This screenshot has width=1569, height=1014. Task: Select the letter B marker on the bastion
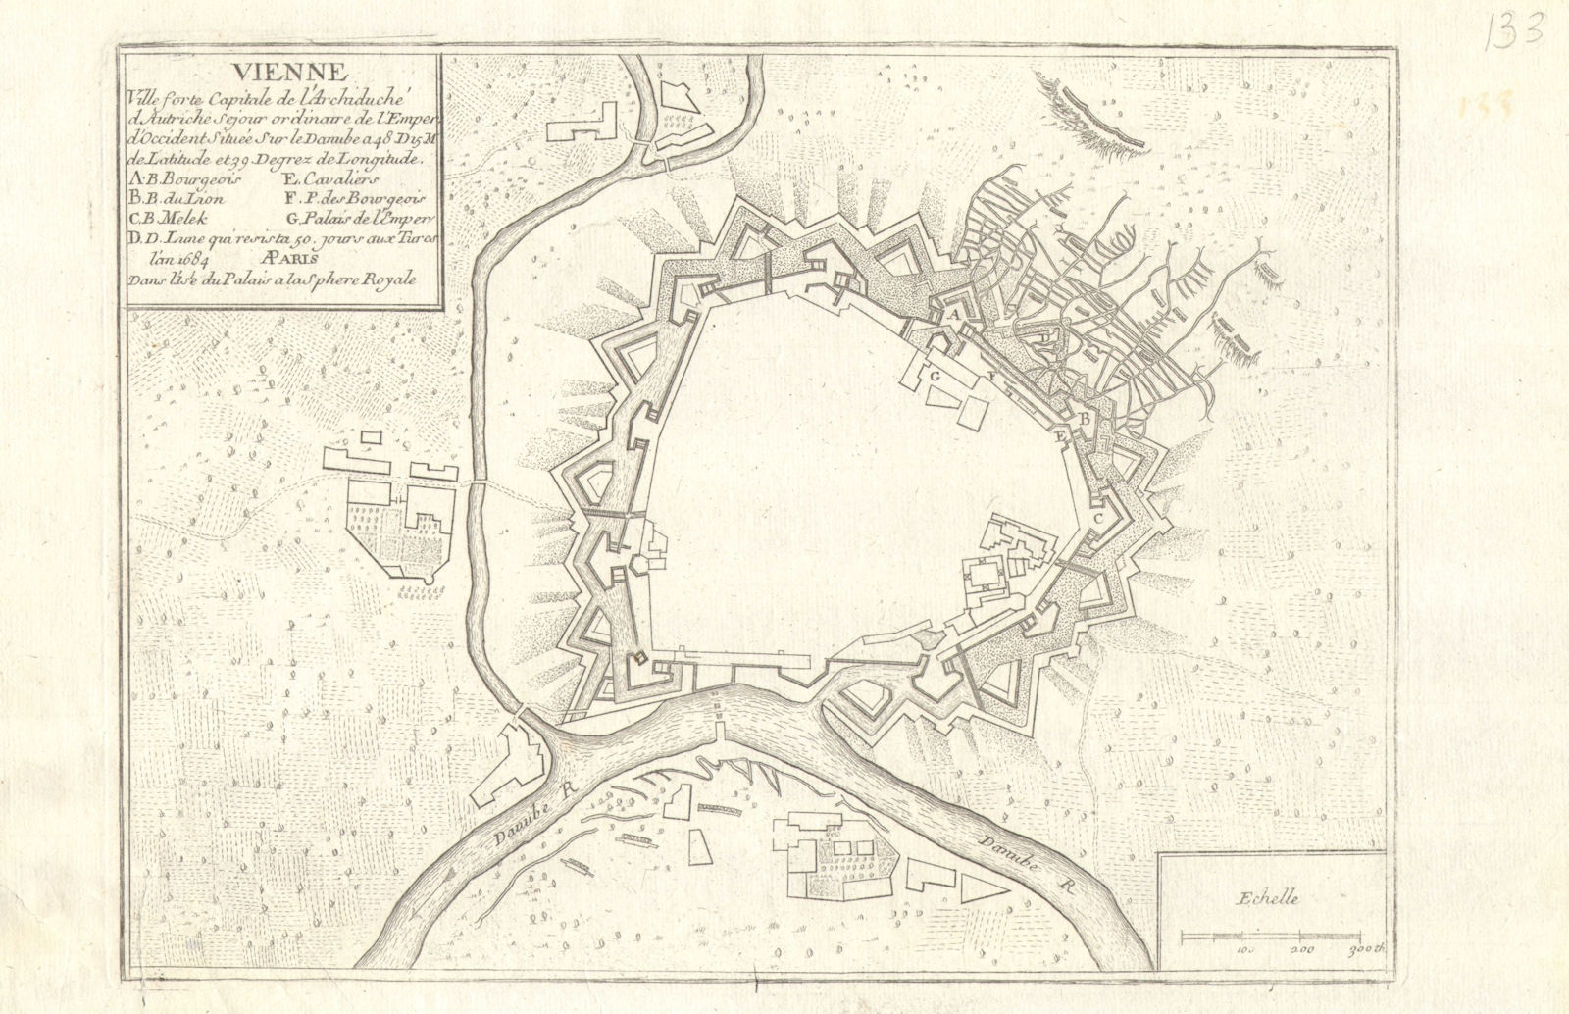pyautogui.click(x=1085, y=419)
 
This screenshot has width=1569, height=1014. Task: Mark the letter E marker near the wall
pyautogui.click(x=1060, y=436)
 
